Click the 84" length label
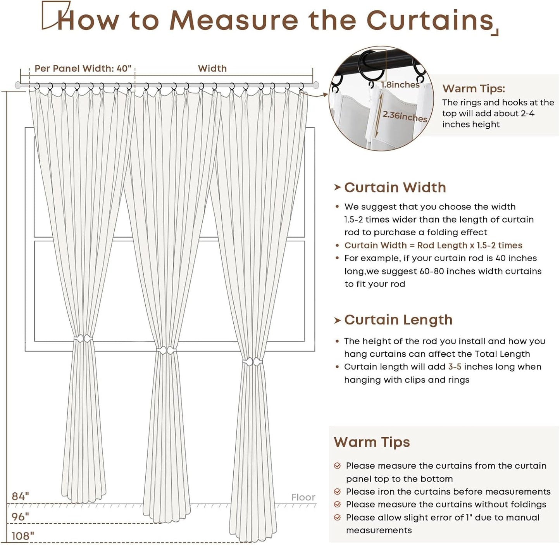pyautogui.click(x=20, y=496)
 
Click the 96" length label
pyautogui.click(x=20, y=517)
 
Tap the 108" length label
pyautogui.click(x=22, y=536)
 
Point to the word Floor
pyautogui.click(x=303, y=497)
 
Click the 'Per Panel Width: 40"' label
pyautogui.click(x=83, y=69)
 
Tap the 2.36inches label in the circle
pyautogui.click(x=404, y=116)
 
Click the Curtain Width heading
pyautogui.click(x=395, y=188)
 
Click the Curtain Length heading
pyautogui.click(x=398, y=320)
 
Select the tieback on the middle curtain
pyautogui.click(x=166, y=351)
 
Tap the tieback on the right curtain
pyautogui.click(x=253, y=362)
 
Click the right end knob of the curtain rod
pyautogui.click(x=316, y=85)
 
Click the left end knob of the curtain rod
pyautogui.click(x=18, y=85)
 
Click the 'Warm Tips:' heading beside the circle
pyautogui.click(x=474, y=89)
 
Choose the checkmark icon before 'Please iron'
pyautogui.click(x=338, y=492)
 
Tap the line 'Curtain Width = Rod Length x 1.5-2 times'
pyautogui.click(x=433, y=245)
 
